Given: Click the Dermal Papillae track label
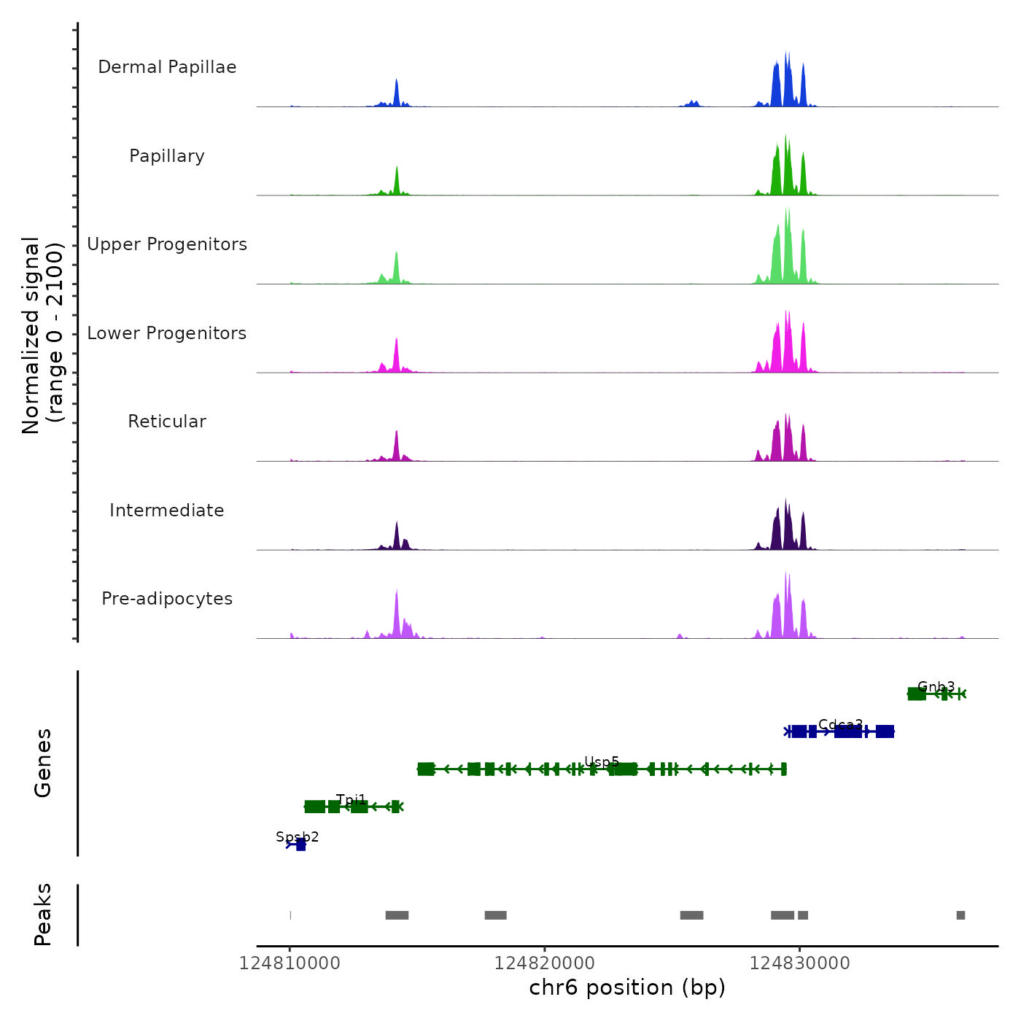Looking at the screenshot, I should [167, 67].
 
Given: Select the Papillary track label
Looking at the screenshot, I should [167, 156].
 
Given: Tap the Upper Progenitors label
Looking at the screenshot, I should [167, 244].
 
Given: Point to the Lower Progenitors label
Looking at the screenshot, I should [167, 333].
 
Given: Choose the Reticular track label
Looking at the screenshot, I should [167, 422].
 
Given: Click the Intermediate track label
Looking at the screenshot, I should [167, 510].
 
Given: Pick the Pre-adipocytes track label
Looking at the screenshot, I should [167, 599].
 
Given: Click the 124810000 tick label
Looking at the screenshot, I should [290, 963].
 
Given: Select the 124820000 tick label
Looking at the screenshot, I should [545, 963].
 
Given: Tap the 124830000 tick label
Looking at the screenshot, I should [800, 963].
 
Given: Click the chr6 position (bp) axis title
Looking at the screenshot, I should [627, 987].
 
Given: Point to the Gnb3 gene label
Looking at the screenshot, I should [936, 686].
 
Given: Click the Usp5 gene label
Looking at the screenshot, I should [602, 762].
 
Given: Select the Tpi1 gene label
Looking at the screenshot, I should [352, 800].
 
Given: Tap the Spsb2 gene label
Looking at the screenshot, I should [298, 836].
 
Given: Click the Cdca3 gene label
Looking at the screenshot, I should [840, 724].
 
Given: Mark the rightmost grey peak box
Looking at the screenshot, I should [960, 915].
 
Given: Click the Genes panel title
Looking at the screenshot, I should [43, 763].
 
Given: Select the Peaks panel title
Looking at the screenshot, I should [43, 915].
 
